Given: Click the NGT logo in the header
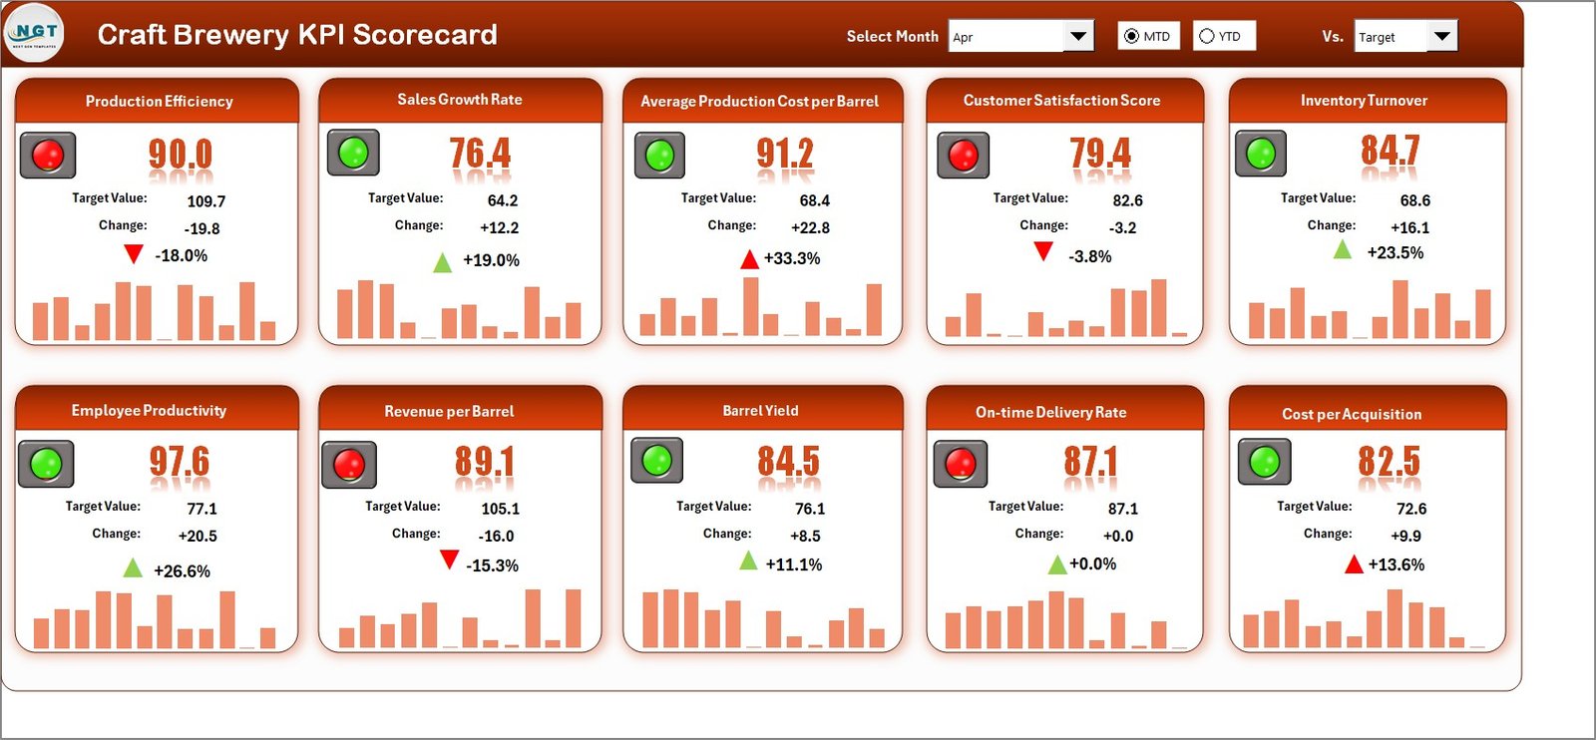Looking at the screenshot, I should [34, 33].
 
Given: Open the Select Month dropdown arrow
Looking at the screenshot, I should [1077, 37].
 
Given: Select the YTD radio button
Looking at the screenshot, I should [1207, 36].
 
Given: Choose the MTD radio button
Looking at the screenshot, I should [1131, 36].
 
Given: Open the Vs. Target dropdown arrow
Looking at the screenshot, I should [1441, 37].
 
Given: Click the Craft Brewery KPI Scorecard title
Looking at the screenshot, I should [297, 35].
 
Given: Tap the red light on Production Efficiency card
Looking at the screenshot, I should [48, 155].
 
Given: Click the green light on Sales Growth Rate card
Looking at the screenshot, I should [353, 153].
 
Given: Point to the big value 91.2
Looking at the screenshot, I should [784, 154].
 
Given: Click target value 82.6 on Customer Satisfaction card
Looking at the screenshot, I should [1127, 200].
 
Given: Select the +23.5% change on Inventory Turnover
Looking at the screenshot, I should [1395, 252].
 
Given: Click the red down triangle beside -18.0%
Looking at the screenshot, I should [133, 254].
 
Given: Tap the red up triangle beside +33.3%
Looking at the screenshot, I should [749, 259].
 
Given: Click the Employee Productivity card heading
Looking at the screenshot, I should [149, 410].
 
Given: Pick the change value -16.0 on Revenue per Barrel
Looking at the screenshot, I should [496, 536].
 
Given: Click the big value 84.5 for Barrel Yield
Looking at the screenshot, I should [787, 462].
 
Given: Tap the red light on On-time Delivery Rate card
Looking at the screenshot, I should [960, 463].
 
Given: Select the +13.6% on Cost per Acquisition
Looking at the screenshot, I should [1396, 564].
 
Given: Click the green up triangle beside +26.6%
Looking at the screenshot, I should [132, 568].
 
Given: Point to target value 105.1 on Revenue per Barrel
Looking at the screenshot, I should [500, 509].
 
